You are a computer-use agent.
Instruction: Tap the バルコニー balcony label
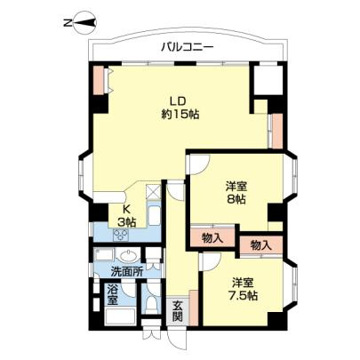point(188,47)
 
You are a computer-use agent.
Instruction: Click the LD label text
point(177,100)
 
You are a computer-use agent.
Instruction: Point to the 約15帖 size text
point(180,114)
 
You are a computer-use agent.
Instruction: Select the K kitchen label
point(126,209)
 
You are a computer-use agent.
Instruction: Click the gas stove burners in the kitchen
point(121,236)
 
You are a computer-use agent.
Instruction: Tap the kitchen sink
point(154,216)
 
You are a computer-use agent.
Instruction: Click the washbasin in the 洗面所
point(129,256)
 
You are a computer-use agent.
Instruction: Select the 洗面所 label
point(126,272)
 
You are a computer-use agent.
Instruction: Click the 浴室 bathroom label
point(112,294)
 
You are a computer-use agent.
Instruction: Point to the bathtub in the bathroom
point(120,316)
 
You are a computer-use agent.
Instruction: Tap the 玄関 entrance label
point(178,312)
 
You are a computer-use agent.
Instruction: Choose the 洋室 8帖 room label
point(236,193)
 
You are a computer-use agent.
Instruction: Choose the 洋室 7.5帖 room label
point(244,289)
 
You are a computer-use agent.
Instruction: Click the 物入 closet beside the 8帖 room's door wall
point(212,238)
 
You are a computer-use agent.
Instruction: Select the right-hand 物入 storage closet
point(261,245)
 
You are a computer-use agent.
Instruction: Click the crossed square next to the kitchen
point(154,191)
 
